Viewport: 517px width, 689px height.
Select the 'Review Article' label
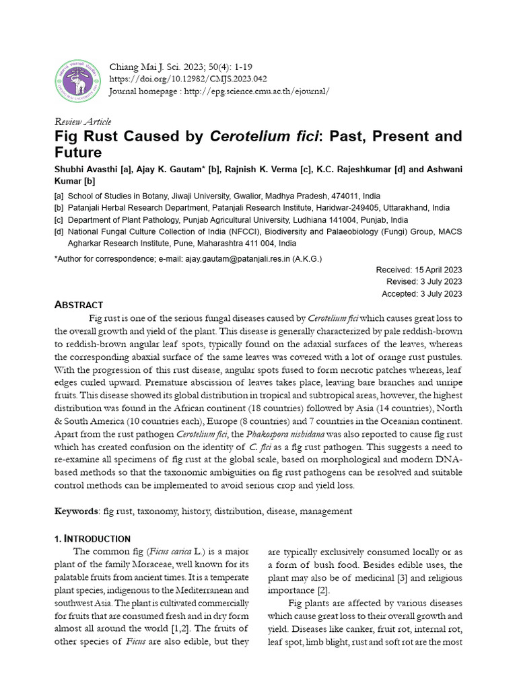point(82,122)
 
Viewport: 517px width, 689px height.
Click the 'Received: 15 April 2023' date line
point(419,270)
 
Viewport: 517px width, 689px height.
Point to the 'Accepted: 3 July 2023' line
point(421,294)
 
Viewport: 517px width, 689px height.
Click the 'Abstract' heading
point(79,305)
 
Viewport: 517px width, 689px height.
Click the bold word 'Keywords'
point(76,511)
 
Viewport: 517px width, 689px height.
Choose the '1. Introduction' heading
point(92,539)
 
